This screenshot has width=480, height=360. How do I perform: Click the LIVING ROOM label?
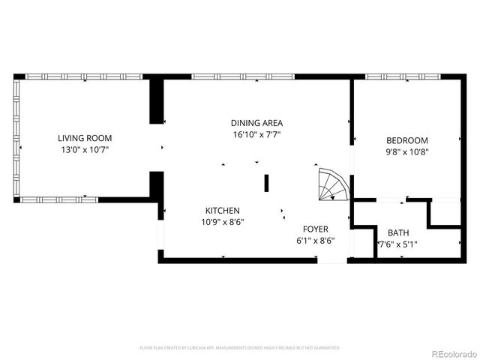coord(85,138)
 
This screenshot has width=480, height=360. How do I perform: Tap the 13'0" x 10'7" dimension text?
coord(85,150)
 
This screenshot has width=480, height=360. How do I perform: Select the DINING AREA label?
coord(256,123)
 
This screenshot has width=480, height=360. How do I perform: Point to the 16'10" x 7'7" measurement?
coord(256,135)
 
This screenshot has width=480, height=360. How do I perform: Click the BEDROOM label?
coord(407,140)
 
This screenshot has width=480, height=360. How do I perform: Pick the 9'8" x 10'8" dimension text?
coord(407,151)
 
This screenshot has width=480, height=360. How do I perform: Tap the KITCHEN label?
coord(223,211)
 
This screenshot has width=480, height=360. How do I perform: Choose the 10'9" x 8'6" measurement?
coord(223,222)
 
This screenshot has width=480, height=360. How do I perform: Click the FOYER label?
coord(315,229)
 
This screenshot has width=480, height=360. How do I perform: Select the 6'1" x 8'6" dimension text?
coord(315,241)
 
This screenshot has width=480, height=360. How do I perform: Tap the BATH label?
coord(398,232)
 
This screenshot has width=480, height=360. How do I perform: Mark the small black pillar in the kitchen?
coord(266,183)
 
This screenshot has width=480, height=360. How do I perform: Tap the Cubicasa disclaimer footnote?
coord(240,348)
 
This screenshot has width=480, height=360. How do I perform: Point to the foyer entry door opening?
coord(332,260)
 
